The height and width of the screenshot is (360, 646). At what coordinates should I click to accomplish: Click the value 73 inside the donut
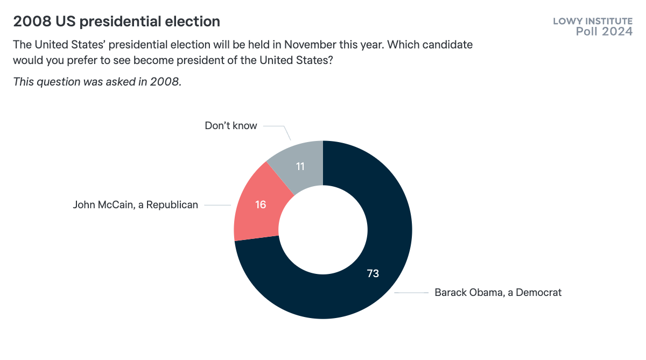pyautogui.click(x=373, y=273)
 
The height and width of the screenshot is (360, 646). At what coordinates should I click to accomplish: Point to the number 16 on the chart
pyautogui.click(x=261, y=205)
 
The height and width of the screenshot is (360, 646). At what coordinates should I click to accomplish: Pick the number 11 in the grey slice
pyautogui.click(x=300, y=166)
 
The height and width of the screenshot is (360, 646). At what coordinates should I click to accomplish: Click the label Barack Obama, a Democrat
pyautogui.click(x=498, y=293)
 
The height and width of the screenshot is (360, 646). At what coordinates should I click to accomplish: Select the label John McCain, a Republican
pyautogui.click(x=136, y=205)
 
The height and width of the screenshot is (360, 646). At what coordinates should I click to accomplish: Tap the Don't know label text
pyautogui.click(x=231, y=126)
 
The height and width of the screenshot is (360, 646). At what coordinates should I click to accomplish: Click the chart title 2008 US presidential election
pyautogui.click(x=117, y=22)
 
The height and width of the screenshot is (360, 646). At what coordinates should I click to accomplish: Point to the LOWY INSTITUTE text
pyautogui.click(x=593, y=22)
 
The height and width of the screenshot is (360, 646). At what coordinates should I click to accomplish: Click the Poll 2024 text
pyautogui.click(x=604, y=32)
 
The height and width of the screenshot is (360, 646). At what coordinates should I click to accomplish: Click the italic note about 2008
pyautogui.click(x=97, y=82)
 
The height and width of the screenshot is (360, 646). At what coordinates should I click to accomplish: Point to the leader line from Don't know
pyautogui.click(x=276, y=127)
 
